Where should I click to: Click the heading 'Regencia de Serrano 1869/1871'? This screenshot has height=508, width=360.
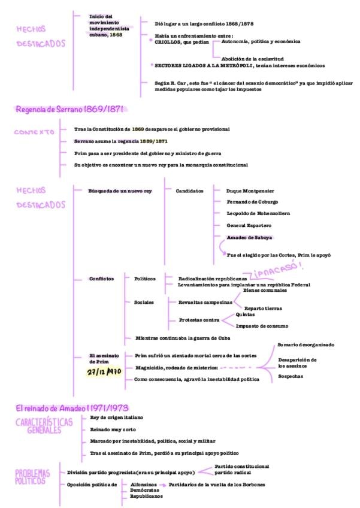(x=71, y=109)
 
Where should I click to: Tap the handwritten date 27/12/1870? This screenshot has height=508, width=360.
(x=104, y=371)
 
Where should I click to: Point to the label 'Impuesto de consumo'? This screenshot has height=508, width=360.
(x=262, y=326)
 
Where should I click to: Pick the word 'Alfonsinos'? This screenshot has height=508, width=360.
(x=144, y=484)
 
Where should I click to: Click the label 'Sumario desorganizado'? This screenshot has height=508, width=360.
(x=305, y=344)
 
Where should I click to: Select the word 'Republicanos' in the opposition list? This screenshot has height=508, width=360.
(x=146, y=496)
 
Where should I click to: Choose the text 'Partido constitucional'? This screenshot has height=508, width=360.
(x=241, y=465)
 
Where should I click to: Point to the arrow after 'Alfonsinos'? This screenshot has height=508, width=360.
(x=163, y=484)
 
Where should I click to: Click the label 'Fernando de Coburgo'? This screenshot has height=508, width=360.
(x=252, y=202)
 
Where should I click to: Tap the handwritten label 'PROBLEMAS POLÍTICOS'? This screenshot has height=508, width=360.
(x=33, y=477)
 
